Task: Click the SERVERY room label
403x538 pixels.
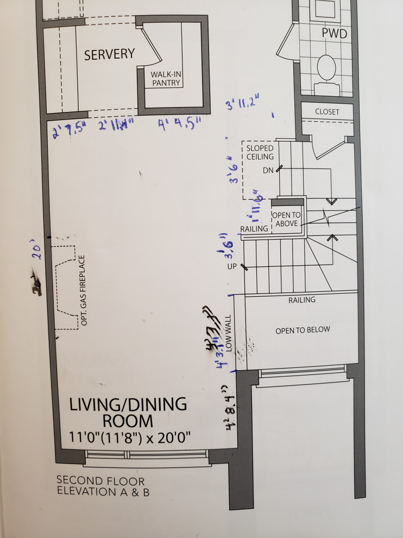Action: coord(109,54)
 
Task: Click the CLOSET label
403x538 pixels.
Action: coord(327,111)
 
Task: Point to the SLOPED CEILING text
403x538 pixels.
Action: coord(260,152)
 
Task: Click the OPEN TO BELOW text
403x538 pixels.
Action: coord(303,330)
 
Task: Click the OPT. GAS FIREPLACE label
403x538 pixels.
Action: coord(84,291)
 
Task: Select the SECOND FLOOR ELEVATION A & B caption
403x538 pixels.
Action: coord(103,487)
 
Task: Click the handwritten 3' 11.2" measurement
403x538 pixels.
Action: coord(242,103)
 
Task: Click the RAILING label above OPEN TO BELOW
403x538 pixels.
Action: coord(301,299)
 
